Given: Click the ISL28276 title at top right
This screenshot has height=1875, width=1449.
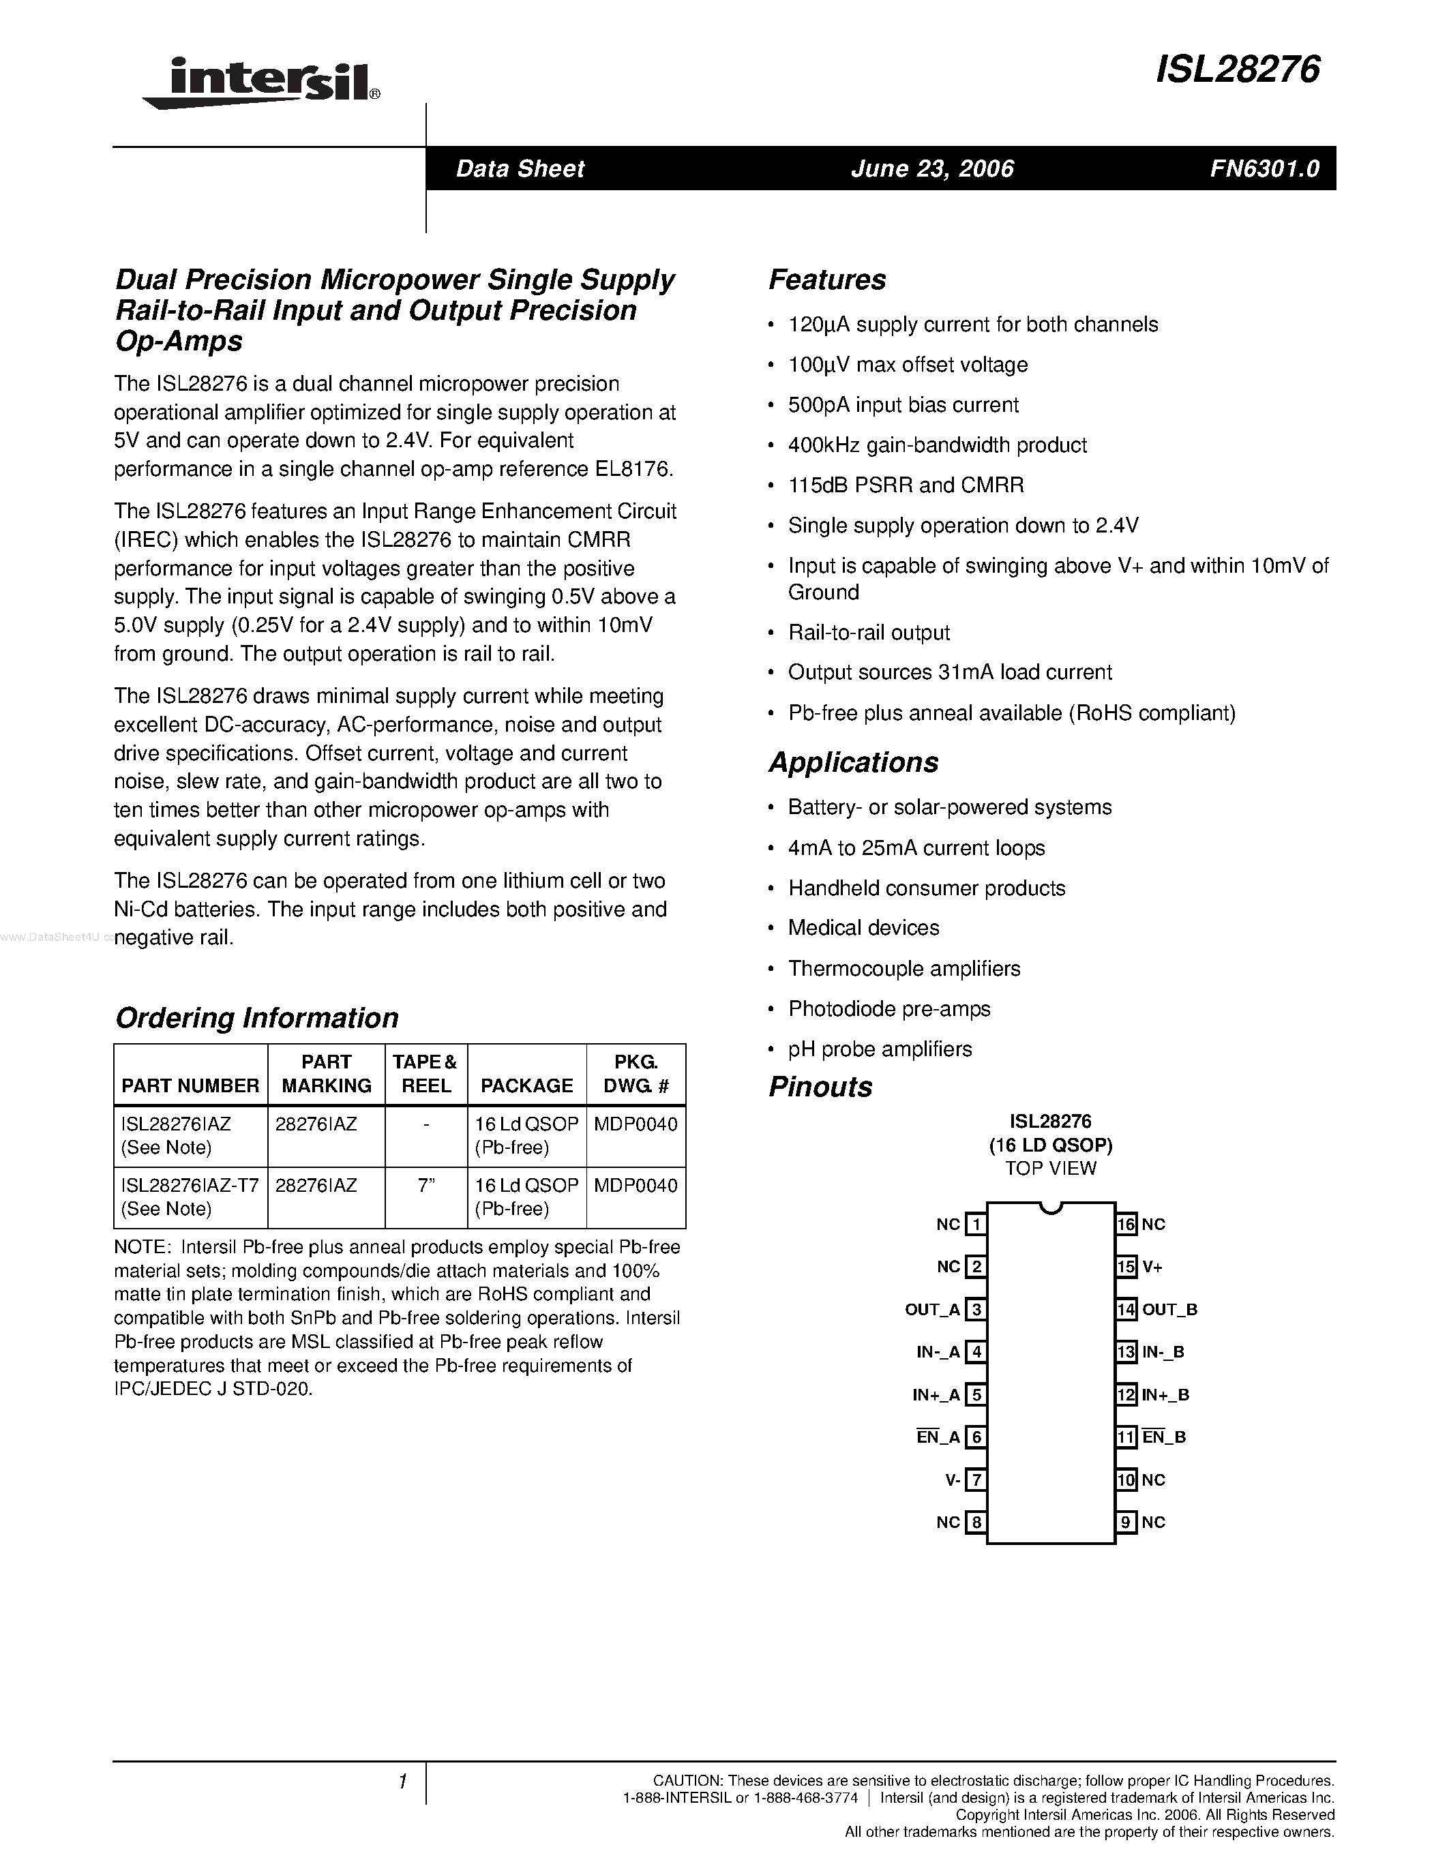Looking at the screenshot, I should (1237, 70).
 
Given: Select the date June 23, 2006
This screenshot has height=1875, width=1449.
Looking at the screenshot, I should (932, 168).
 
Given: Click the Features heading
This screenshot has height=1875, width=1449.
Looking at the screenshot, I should (826, 280).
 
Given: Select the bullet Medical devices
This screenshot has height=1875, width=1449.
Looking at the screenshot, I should (863, 927).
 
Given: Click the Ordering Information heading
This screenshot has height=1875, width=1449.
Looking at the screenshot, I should (256, 1017).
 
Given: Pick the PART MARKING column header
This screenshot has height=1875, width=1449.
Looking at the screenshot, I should (326, 1073).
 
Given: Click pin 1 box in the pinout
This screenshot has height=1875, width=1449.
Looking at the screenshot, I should (975, 1225).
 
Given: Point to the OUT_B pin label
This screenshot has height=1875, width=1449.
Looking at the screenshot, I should (1169, 1309).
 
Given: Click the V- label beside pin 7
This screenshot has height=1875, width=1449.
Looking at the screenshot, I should (952, 1480).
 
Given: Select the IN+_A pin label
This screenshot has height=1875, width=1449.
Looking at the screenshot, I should (936, 1395).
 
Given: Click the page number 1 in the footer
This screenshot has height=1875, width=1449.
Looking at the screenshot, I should (401, 1782).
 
